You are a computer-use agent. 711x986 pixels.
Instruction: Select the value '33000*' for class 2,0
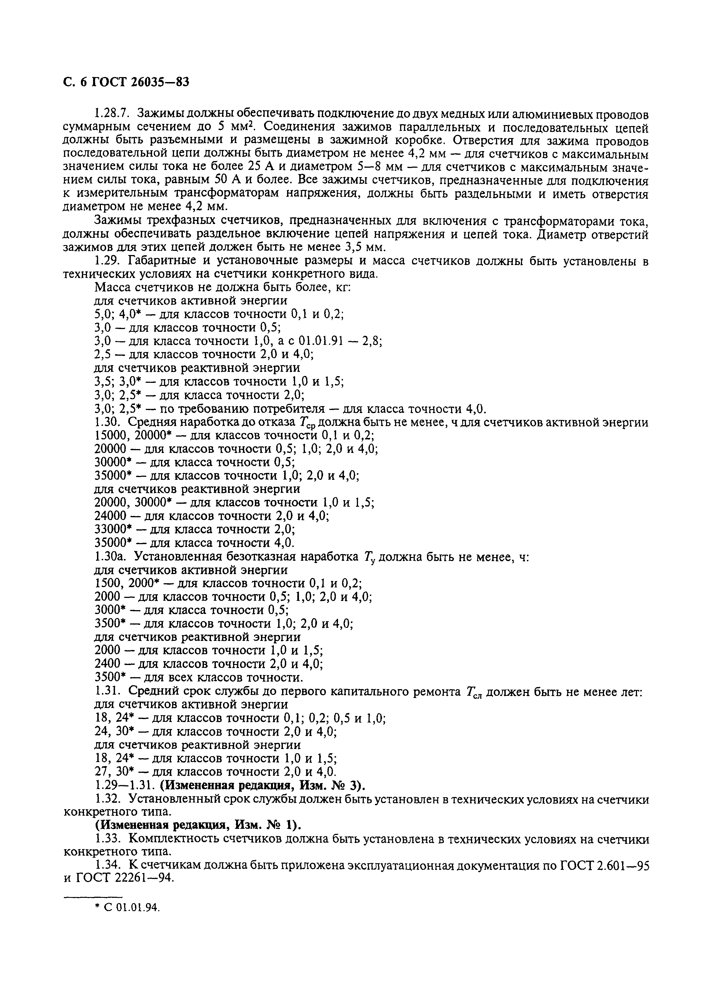[113, 529]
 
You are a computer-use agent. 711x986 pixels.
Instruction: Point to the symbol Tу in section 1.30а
[370, 557]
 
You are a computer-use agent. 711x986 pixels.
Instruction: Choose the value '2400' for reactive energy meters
[107, 664]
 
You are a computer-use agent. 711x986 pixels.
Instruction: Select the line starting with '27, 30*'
[215, 772]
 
